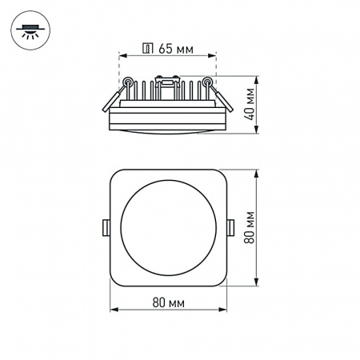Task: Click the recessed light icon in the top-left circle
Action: [30, 30]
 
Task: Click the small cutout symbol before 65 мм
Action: [147, 48]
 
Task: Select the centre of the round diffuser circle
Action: [168, 227]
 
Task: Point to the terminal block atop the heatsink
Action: [167, 80]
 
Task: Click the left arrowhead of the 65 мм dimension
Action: [122, 56]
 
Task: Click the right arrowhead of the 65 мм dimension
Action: [214, 56]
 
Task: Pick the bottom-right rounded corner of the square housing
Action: [222, 281]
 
